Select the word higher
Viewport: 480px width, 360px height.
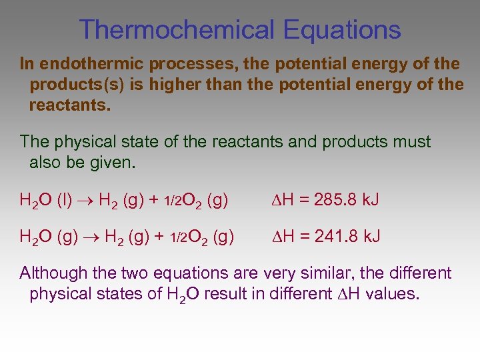pos(175,85)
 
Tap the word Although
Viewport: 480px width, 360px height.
pos(54,273)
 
